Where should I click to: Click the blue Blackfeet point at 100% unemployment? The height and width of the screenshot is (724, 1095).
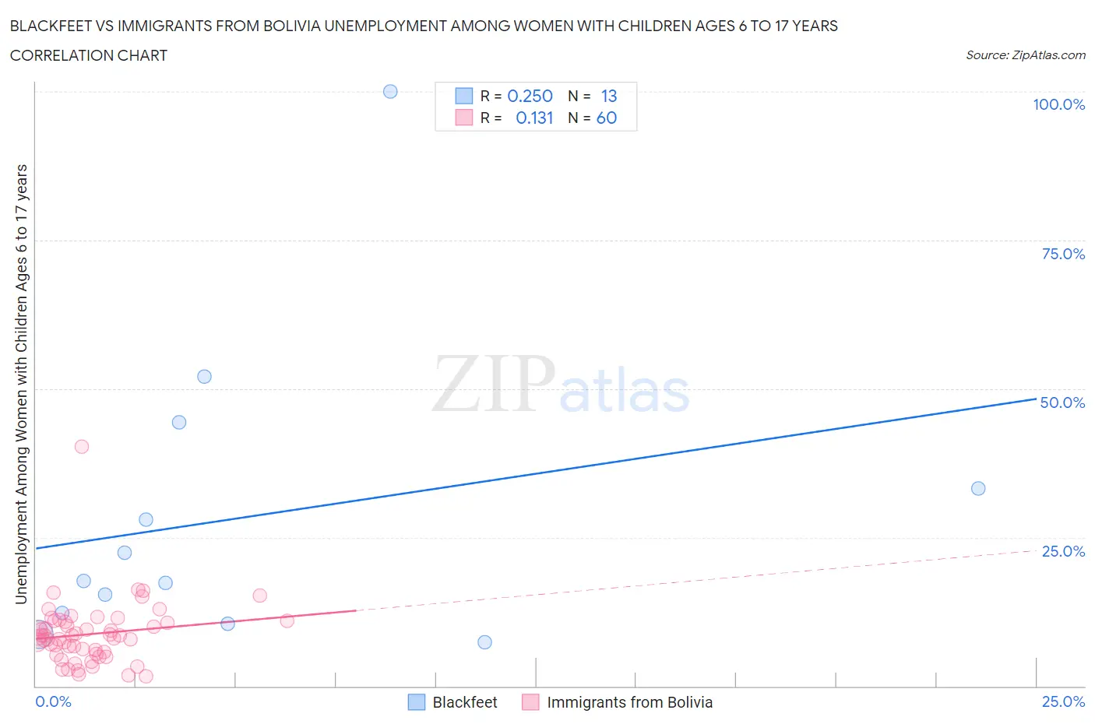coord(390,91)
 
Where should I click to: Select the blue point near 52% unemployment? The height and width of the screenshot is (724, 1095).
coord(204,376)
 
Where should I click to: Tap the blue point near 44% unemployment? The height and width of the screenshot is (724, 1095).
coord(179,422)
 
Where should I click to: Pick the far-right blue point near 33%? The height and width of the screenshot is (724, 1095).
coord(978,488)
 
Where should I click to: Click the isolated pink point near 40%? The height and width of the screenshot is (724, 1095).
coord(82,446)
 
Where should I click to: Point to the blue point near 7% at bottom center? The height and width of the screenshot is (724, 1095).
coord(484,642)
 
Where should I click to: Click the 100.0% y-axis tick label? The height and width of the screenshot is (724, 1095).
coord(1058,104)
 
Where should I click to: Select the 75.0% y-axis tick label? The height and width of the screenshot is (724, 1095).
coord(1063,254)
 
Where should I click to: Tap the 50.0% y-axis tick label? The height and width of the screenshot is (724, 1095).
coord(1062,402)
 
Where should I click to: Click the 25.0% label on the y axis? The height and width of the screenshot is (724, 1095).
coord(1063,551)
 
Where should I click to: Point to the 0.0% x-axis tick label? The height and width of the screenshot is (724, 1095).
coord(53,701)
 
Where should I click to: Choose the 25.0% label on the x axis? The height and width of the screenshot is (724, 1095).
coord(1063,701)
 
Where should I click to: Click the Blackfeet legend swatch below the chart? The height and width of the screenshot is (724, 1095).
coord(417,702)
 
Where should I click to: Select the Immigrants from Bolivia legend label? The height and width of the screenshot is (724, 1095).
coord(629,702)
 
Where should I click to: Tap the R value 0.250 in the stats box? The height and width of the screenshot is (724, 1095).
coord(530,96)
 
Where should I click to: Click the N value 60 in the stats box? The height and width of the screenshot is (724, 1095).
coord(607,118)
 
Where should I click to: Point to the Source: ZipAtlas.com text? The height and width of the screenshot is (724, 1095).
coord(1025,54)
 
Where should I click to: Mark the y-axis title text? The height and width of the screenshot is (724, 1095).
coord(21,384)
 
